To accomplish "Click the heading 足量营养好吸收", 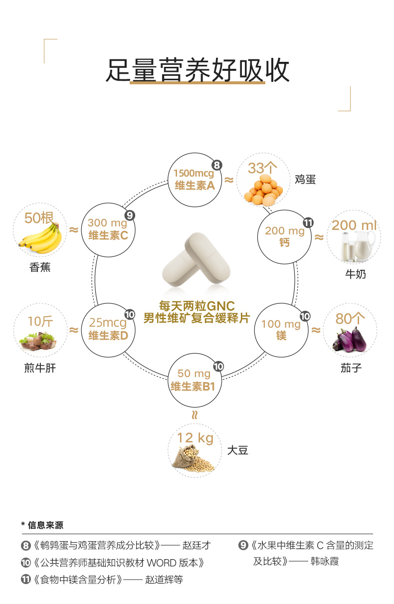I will tap(197, 71).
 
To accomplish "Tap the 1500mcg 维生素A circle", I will tap(194, 180).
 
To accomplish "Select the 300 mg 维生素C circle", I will tap(108, 229).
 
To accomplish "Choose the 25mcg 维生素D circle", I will tap(108, 329).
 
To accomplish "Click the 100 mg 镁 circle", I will tap(281, 329).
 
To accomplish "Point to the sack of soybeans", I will tap(193, 458).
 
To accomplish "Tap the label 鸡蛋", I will tap(305, 180).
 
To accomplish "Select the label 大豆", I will tap(237, 450).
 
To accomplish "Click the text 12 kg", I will tap(195, 438).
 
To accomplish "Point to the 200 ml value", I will tap(354, 225).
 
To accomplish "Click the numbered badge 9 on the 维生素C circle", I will tap(130, 215).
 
